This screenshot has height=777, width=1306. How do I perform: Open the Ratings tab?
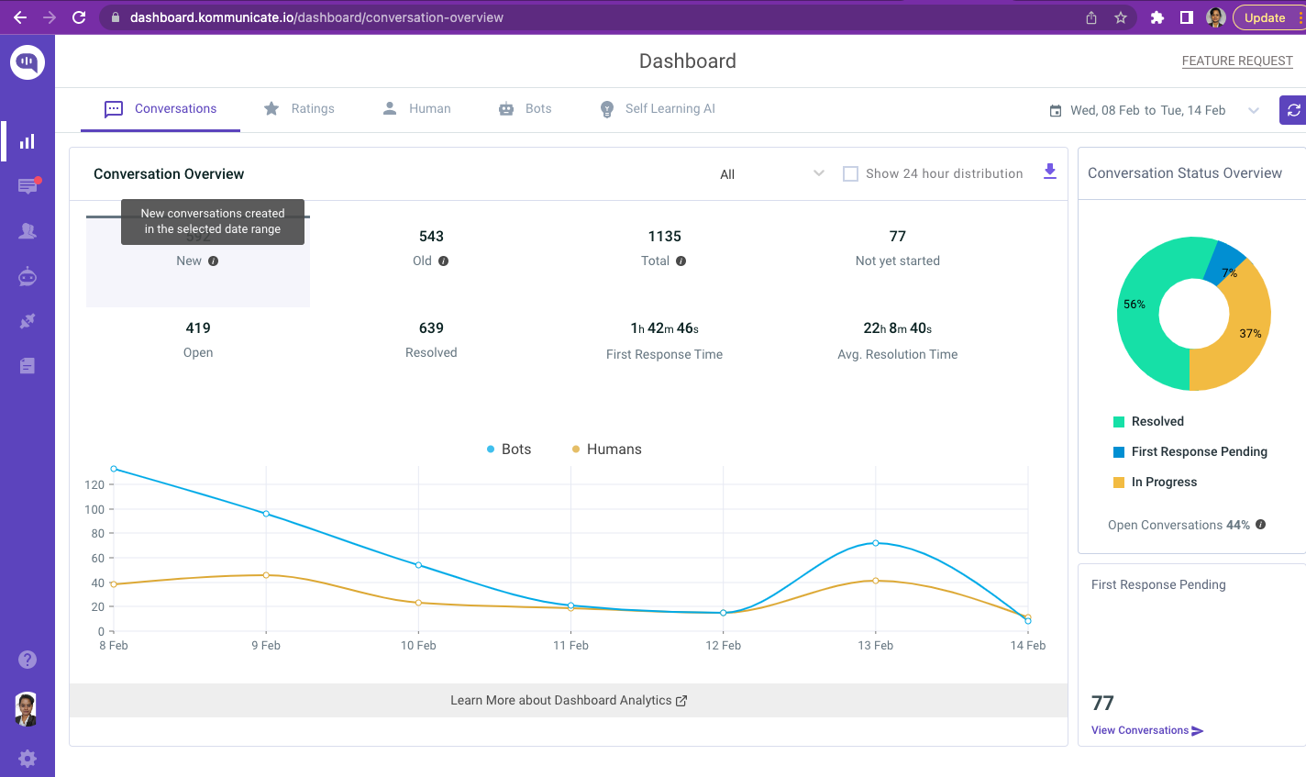299,108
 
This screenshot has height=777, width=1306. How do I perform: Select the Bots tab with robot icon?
526,108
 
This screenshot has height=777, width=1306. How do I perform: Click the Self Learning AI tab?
658,108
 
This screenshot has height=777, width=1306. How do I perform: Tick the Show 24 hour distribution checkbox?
850,173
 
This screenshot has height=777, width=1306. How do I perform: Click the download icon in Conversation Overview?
1050,172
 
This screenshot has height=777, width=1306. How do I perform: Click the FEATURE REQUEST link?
1236,61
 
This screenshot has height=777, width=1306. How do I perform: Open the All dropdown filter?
772,173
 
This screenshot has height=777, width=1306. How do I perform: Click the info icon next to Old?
444,261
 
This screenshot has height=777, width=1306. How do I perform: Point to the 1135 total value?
664,237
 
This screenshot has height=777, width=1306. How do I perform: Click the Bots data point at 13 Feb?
876,543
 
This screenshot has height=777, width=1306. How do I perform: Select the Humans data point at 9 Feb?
266,575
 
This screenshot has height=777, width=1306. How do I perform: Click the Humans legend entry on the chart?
606,450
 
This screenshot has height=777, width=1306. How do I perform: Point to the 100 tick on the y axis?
94,509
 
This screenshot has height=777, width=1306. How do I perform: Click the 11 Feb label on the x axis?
570,646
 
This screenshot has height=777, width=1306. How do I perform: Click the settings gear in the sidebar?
28,759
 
